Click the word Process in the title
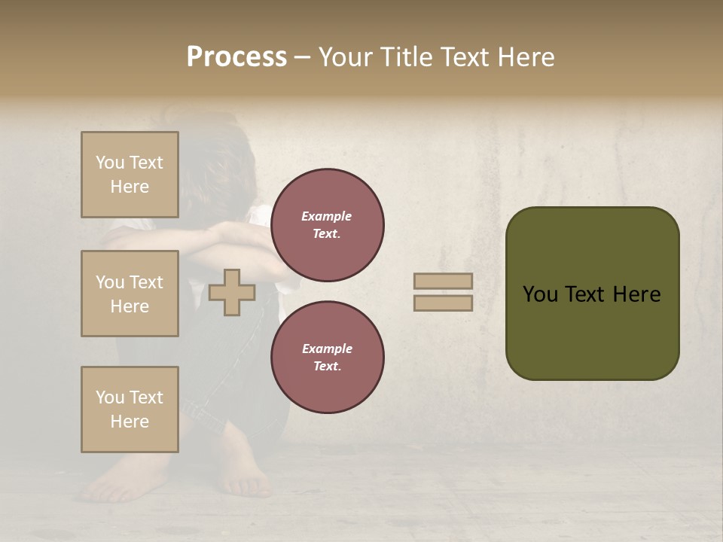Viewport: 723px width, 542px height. [236, 57]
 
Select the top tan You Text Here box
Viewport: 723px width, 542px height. [130, 175]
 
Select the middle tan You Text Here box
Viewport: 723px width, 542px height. [130, 294]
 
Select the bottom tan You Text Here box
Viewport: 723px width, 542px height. [130, 410]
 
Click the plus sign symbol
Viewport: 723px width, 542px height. [232, 292]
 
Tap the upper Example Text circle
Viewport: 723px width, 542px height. [328, 225]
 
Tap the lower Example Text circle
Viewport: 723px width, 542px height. [328, 358]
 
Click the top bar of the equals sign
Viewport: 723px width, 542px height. [444, 281]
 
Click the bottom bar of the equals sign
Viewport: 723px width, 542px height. [444, 303]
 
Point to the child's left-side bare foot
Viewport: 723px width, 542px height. [120, 482]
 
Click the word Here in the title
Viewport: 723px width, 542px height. [525, 57]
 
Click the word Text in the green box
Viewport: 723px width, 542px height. [592, 294]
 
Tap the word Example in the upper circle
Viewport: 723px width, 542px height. [327, 216]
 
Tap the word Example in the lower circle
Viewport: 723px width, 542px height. [327, 349]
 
